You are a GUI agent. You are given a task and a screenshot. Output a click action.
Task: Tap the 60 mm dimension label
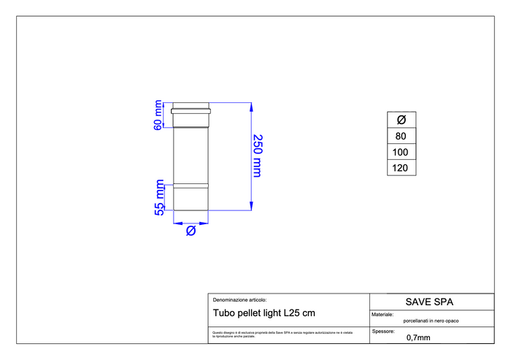coord(158,115)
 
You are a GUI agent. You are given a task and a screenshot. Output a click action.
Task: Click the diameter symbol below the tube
coord(191,231)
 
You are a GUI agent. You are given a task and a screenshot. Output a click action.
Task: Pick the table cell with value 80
coord(401,136)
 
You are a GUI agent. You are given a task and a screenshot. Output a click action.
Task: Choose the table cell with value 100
coord(401,152)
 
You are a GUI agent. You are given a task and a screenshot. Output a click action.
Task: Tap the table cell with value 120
coord(401,168)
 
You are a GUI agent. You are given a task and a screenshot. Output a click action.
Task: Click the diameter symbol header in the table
coord(401,120)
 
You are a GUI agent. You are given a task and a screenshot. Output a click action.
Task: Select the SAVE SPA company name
coord(430,301)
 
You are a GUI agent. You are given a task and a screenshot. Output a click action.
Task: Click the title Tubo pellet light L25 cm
coord(264,313)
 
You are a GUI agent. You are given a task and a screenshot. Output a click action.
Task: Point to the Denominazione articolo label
coord(239,299)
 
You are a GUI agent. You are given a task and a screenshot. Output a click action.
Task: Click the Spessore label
coord(384,331)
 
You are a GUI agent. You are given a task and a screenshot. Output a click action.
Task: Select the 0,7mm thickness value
coord(418,337)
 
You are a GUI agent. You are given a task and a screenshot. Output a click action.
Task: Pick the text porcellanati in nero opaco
coord(431,321)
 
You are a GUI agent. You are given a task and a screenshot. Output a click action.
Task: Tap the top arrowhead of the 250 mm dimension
coord(252,107)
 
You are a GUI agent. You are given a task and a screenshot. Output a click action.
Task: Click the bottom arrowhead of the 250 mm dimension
coord(252,207)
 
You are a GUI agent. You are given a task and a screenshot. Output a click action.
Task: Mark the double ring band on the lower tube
coord(191,185)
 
